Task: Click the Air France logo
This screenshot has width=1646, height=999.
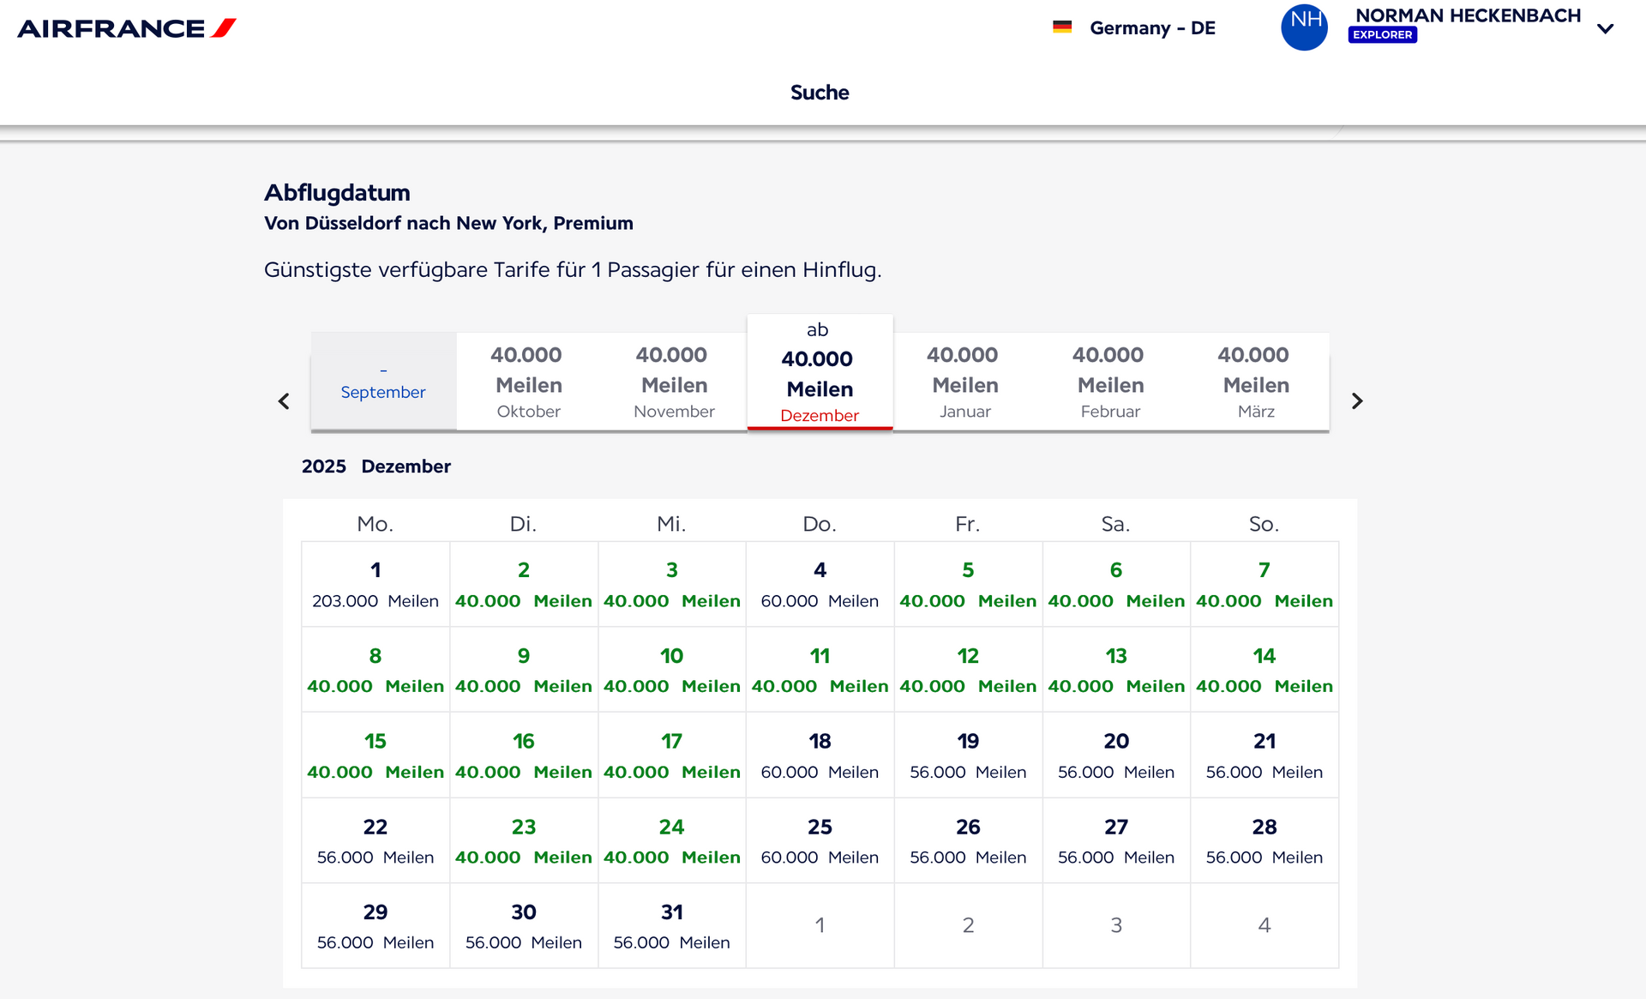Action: (x=127, y=28)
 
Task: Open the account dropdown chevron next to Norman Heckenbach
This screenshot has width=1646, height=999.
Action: (x=1606, y=28)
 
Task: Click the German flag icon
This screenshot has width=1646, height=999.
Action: (x=1062, y=27)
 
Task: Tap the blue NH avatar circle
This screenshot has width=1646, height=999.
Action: (x=1304, y=27)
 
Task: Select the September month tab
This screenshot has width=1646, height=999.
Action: (x=383, y=382)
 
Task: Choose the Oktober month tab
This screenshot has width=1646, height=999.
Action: (x=529, y=382)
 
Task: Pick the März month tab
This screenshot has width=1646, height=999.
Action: (x=1256, y=382)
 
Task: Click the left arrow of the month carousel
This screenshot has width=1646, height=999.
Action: (x=284, y=400)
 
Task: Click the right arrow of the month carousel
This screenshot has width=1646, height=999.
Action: (x=1357, y=400)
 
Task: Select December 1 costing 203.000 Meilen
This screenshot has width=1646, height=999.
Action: (x=375, y=584)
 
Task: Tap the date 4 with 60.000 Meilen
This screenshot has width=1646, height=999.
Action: (x=820, y=584)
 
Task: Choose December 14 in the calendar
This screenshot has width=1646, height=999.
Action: (x=1265, y=670)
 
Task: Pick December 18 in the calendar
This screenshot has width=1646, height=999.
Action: (x=820, y=755)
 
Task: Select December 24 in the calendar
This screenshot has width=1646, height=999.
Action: (x=672, y=840)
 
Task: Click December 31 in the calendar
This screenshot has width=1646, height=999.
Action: (x=672, y=926)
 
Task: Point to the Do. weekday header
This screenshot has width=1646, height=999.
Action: (x=820, y=524)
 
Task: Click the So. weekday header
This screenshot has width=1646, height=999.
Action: (x=1264, y=524)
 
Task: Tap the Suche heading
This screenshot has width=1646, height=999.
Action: (x=820, y=93)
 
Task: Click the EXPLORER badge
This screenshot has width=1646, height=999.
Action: (x=1382, y=35)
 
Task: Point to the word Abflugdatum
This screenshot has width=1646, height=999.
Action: (x=337, y=192)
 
